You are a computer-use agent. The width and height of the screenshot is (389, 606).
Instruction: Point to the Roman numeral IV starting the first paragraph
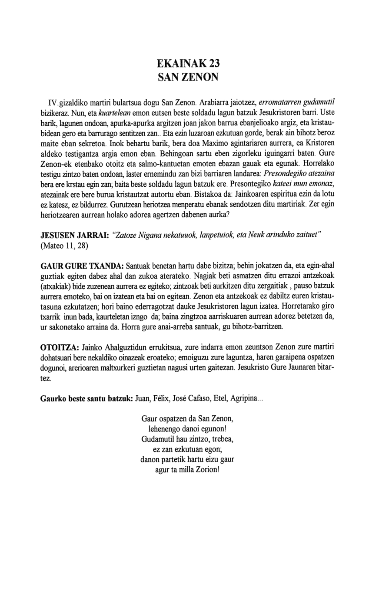(x=53, y=103)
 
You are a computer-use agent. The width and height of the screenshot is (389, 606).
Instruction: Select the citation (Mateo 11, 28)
(x=64, y=246)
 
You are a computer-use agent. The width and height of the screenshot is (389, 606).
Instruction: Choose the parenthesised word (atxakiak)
(x=59, y=286)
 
